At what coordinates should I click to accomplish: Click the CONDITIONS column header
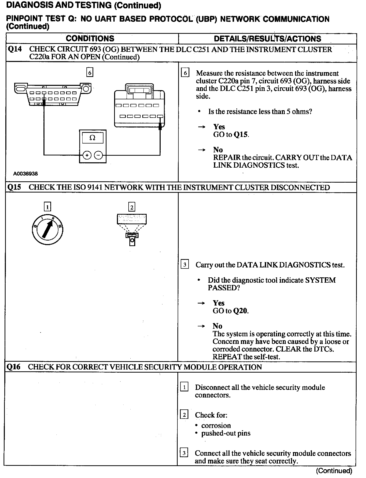[x=90, y=39]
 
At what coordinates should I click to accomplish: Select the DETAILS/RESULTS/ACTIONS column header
[x=267, y=39]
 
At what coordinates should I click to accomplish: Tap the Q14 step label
[x=15, y=49]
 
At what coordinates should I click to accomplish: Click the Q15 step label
[x=14, y=187]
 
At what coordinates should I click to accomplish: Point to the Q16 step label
[x=14, y=367]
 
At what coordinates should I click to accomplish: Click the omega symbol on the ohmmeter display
[x=93, y=138]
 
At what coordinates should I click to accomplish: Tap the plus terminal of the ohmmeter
[x=87, y=155]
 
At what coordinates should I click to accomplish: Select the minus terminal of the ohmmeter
[x=98, y=155]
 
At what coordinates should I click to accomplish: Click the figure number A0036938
[x=25, y=174]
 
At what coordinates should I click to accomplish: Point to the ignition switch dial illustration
[x=48, y=230]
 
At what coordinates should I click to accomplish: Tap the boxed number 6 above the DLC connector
[x=90, y=73]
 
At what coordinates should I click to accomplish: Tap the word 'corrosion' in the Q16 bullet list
[x=216, y=425]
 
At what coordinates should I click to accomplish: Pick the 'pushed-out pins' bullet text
[x=226, y=433]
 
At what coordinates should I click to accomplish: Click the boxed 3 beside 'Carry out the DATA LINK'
[x=185, y=265]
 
